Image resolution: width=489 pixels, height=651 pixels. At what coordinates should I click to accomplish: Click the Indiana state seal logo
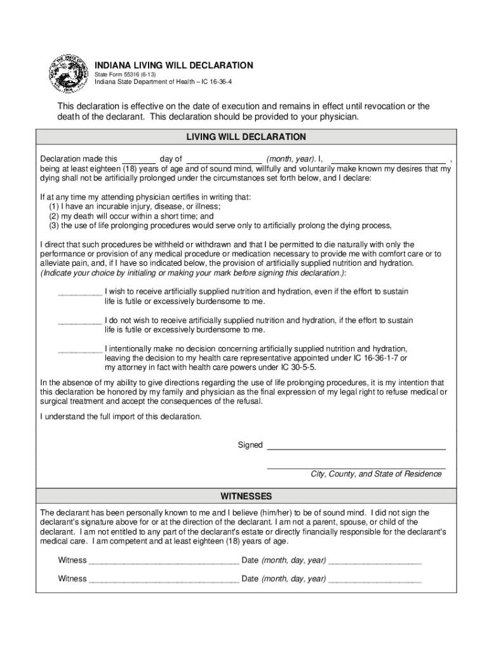click(x=70, y=73)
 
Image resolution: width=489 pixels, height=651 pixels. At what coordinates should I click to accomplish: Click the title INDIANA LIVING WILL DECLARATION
click(x=174, y=65)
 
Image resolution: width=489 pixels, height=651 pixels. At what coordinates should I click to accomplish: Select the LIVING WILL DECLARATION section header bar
click(x=246, y=137)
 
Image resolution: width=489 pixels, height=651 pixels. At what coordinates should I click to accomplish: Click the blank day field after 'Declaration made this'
click(x=138, y=159)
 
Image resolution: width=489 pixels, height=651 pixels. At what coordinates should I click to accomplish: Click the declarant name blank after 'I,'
click(x=389, y=159)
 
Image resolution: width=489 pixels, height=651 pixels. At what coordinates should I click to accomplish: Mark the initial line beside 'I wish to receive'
click(x=80, y=292)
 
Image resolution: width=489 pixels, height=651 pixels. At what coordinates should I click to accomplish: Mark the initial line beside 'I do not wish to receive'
click(x=80, y=321)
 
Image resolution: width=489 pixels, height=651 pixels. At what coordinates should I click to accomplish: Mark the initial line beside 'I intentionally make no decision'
click(x=80, y=350)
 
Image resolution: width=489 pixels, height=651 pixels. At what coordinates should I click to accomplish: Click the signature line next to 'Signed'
click(x=356, y=446)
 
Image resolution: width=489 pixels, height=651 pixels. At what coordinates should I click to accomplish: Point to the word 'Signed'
click(x=250, y=445)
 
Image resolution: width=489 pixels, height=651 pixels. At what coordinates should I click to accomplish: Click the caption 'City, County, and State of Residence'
click(x=376, y=474)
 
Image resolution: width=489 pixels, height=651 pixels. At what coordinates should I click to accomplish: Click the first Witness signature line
click(x=164, y=561)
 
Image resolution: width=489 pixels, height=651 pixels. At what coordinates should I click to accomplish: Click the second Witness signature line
click(x=164, y=580)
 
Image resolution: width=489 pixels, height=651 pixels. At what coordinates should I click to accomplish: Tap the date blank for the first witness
click(x=375, y=561)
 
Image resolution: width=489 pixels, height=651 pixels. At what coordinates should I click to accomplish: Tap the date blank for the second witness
click(x=375, y=580)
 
